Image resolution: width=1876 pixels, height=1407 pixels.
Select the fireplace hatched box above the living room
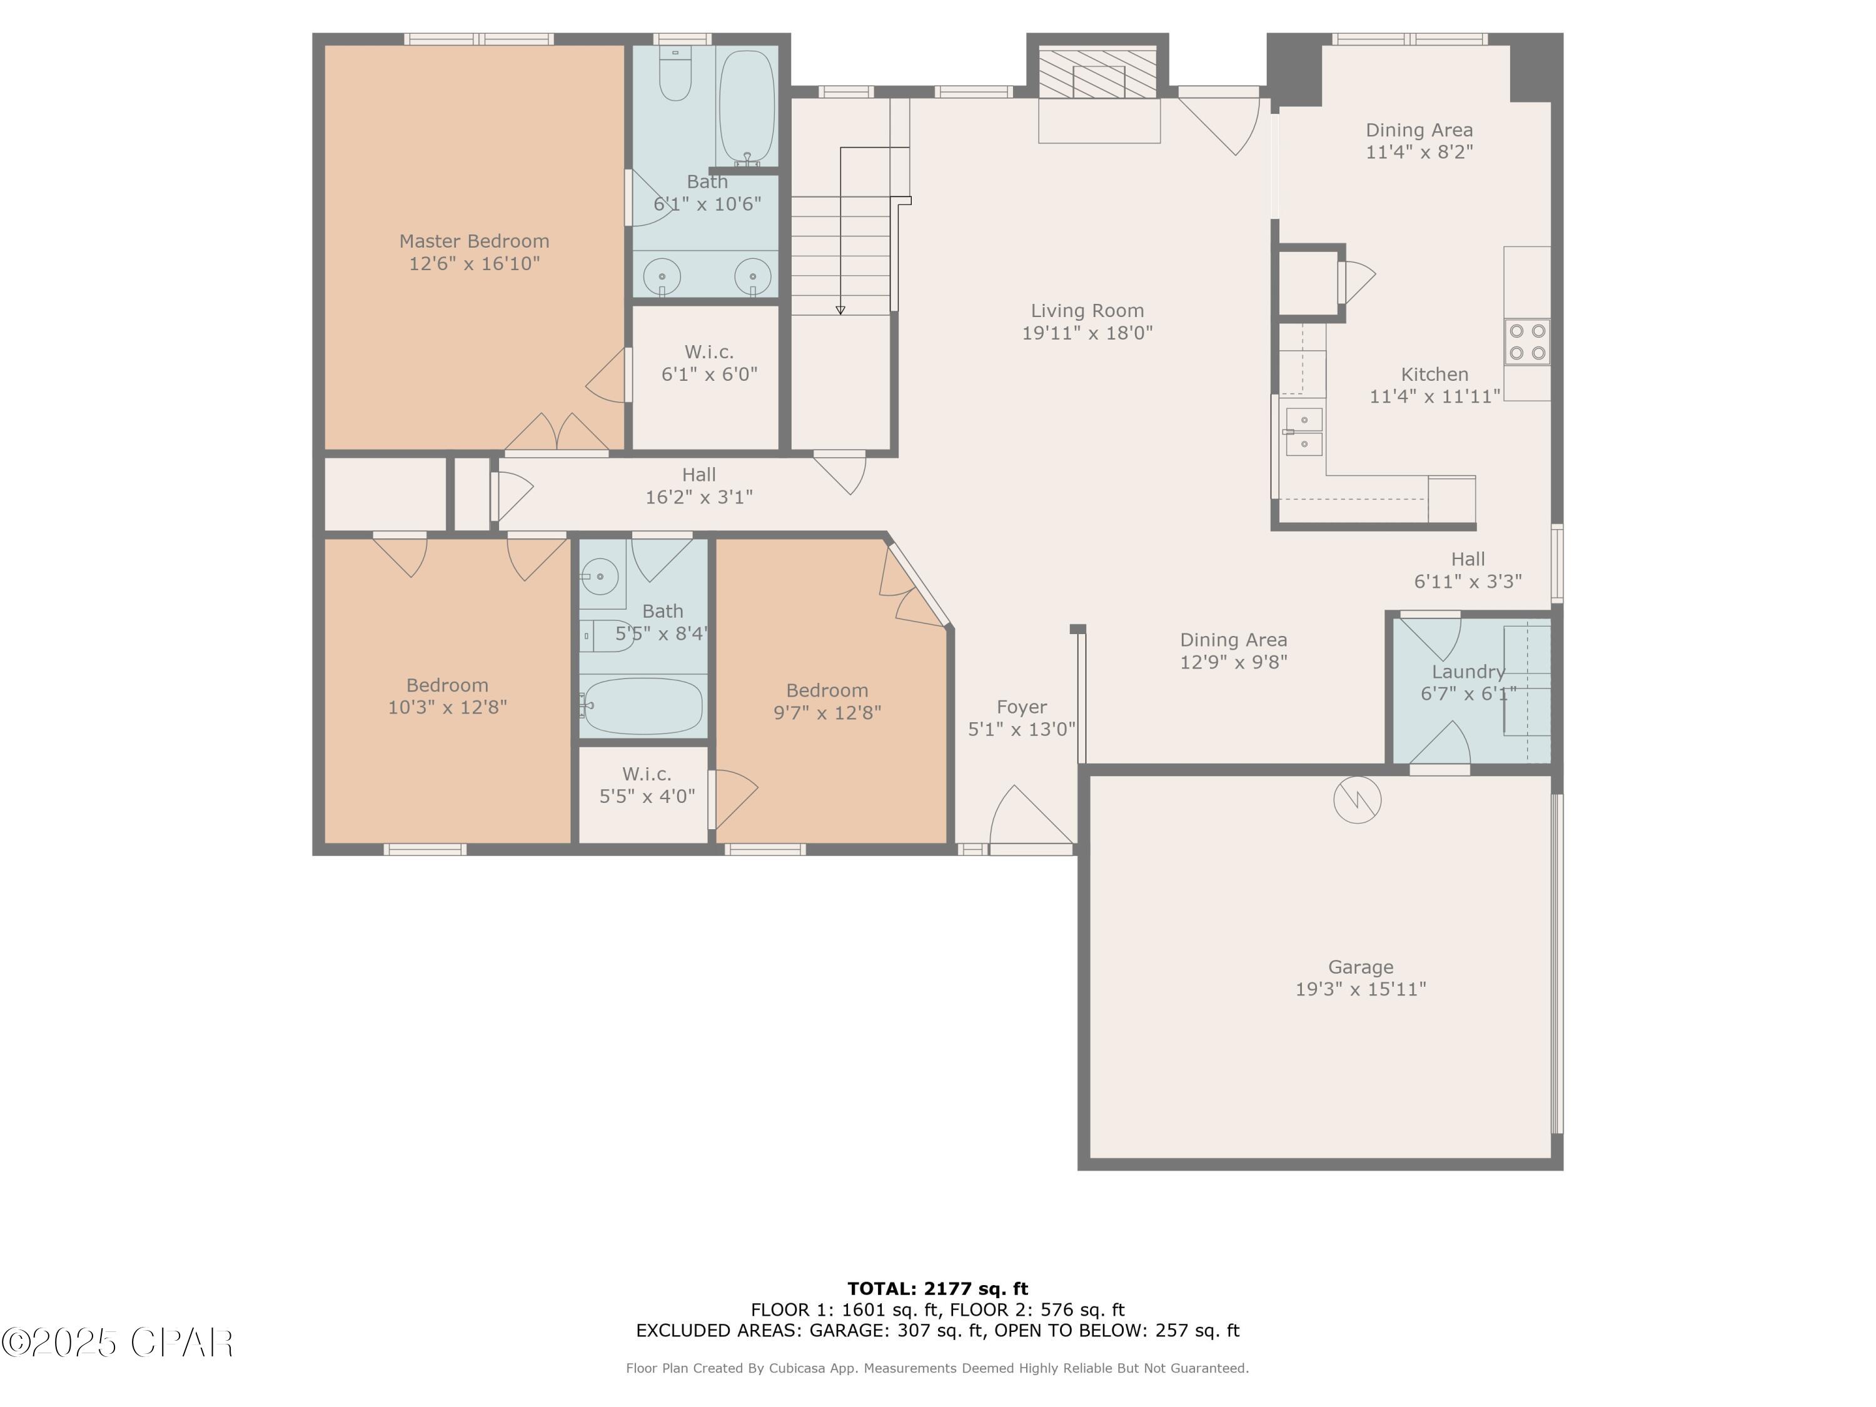(1098, 73)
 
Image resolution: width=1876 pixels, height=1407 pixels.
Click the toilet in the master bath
(675, 74)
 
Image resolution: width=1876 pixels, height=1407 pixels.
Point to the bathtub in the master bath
(746, 106)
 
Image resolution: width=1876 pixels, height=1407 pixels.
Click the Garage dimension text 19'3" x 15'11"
(1360, 989)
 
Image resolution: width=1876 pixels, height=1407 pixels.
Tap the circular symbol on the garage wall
(1357, 799)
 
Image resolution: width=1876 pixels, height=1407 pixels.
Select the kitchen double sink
(1304, 431)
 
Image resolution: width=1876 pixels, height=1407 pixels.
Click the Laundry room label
(1468, 672)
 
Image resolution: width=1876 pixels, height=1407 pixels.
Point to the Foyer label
(1021, 707)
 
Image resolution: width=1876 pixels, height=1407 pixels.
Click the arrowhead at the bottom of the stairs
(840, 310)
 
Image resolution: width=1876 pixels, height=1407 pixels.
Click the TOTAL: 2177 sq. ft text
(937, 1289)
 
